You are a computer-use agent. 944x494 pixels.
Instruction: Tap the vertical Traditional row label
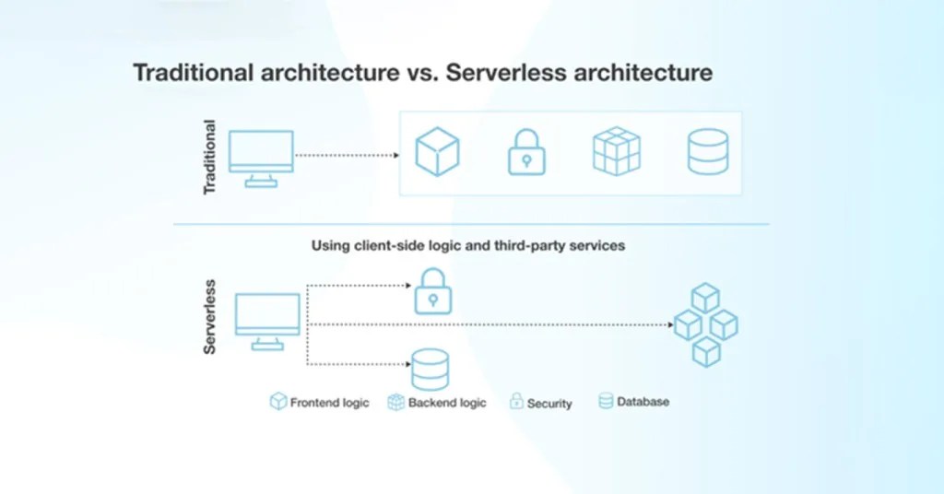click(x=209, y=157)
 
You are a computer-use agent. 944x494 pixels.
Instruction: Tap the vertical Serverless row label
click(x=209, y=317)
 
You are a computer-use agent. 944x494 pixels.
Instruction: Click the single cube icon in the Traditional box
click(x=437, y=152)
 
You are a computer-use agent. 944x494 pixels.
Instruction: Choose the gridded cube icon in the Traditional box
click(x=616, y=152)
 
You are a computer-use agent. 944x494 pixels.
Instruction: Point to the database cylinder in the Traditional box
click(x=707, y=152)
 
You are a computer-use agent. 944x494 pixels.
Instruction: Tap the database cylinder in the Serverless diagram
click(x=430, y=369)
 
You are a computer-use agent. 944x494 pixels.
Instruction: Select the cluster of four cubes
click(x=705, y=324)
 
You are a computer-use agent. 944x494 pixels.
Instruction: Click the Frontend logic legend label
click(x=329, y=403)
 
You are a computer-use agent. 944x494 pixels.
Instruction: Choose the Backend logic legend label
click(x=446, y=403)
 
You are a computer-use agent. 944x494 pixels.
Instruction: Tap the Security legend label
click(x=549, y=404)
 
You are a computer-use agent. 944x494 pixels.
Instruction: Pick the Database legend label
click(x=643, y=402)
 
